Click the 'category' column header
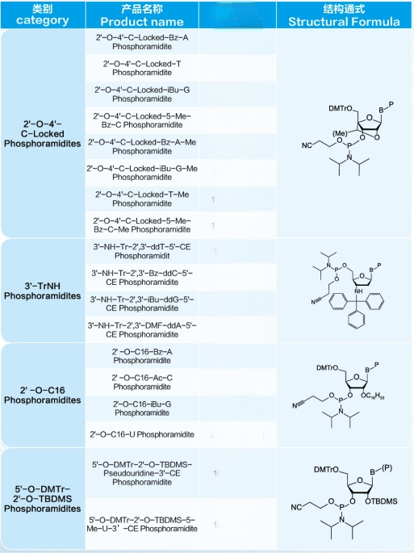(42, 20)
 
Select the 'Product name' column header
(142, 22)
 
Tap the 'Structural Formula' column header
(344, 22)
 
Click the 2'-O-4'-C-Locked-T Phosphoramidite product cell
(142, 68)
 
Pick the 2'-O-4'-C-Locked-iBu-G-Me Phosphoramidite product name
(142, 173)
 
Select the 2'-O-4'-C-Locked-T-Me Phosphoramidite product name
(142, 199)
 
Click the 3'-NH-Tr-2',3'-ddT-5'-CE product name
(142, 251)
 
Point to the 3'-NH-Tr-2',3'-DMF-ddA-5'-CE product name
(142, 329)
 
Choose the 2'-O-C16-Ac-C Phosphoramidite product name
(142, 383)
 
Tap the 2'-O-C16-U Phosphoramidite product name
(142, 434)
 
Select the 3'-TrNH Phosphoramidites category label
(42, 291)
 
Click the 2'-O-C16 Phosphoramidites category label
(42, 395)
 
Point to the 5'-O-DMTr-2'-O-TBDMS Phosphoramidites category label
(42, 499)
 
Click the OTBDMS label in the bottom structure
(381, 501)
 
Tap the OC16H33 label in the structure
(372, 396)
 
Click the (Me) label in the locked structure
(340, 134)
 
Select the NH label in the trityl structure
(358, 291)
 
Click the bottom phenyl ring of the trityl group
(356, 320)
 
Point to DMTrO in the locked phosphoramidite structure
(341, 108)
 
